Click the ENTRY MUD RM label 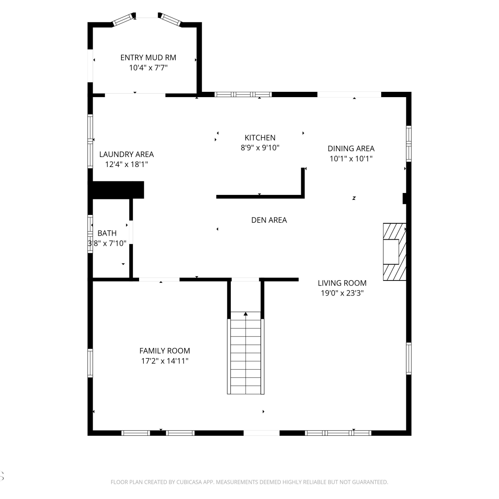click(148, 58)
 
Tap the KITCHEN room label click(260, 138)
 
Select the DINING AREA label click(351, 149)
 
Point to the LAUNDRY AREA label click(126, 154)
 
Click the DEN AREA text click(269, 220)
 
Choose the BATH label click(107, 233)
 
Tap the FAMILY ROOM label click(165, 351)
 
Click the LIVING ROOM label click(342, 283)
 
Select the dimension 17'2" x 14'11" click(165, 361)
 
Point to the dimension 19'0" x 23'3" click(342, 293)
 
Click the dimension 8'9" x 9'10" click(260, 148)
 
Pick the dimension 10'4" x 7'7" click(148, 68)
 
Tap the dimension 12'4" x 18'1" click(126, 164)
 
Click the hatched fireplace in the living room click(395, 252)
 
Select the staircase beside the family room click(246, 353)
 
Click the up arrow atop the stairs click(246, 314)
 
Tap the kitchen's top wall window click(243, 94)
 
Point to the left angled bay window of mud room click(122, 20)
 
